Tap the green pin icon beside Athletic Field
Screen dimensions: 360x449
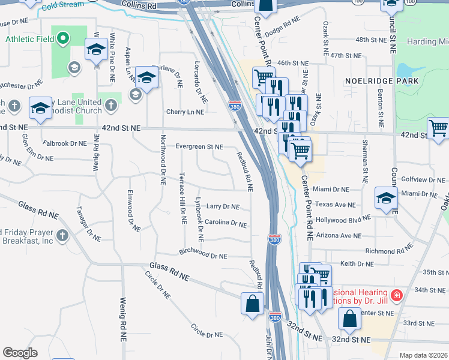(x=64, y=39)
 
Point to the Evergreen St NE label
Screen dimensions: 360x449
(x=199, y=146)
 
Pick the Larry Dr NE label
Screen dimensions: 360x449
(x=223, y=206)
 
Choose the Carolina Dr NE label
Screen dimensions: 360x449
(x=226, y=224)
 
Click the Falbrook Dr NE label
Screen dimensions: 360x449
(x=65, y=143)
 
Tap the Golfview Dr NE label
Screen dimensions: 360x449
(x=421, y=179)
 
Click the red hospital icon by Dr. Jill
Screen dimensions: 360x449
(x=396, y=295)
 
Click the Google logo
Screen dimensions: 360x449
(x=20, y=353)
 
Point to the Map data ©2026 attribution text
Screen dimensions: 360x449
(x=423, y=355)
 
